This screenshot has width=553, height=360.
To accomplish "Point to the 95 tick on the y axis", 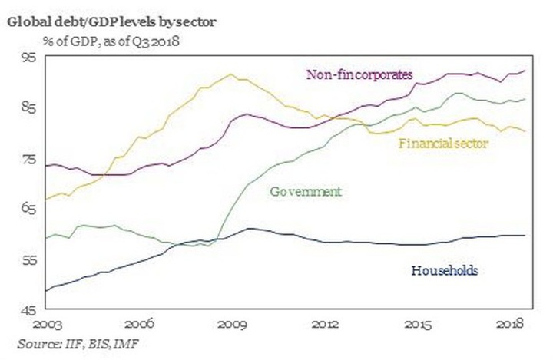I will (x=27, y=56).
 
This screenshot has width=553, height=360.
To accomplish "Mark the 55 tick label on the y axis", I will (x=27, y=260).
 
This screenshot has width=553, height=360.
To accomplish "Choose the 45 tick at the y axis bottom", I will (x=27, y=311).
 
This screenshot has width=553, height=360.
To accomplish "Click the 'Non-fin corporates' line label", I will (x=360, y=74).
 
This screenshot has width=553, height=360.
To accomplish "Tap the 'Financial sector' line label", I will (x=443, y=142).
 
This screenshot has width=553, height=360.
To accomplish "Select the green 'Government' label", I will (x=306, y=191).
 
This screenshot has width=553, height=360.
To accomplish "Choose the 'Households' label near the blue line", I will (x=445, y=270).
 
